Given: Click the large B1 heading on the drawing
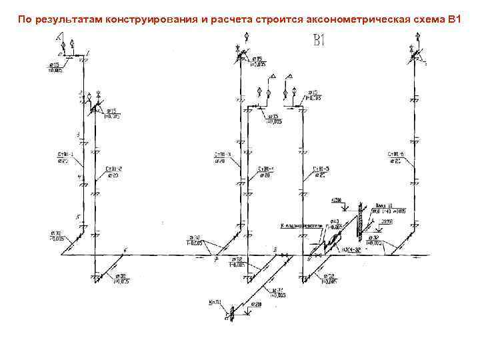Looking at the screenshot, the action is point(318,41).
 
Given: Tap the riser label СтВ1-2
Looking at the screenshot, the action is point(114,169).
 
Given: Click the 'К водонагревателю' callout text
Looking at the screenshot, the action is point(301,226).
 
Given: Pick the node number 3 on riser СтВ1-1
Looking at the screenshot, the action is point(78,135).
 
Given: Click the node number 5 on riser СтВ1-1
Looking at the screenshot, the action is point(78,217).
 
